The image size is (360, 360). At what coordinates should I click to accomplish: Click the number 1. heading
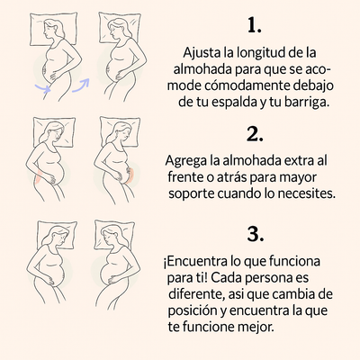point(255,23)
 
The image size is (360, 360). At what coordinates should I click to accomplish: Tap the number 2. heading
point(255,134)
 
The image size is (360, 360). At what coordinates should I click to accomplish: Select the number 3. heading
point(255,233)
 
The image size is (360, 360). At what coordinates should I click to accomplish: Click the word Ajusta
point(202,53)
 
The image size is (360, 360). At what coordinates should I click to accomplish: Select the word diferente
point(196,293)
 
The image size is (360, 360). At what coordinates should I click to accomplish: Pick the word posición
point(193,310)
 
